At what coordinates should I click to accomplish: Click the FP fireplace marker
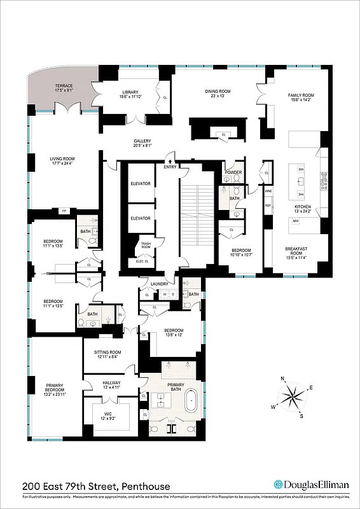[64, 211]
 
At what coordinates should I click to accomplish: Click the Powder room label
[232, 172]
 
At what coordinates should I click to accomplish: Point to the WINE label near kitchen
[268, 190]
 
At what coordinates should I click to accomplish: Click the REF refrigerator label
[268, 206]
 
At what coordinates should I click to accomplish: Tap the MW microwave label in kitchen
[296, 221]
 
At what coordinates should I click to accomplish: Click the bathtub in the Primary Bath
[191, 403]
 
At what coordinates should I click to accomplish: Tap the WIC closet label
[107, 415]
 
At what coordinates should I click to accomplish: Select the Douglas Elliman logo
[311, 484]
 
